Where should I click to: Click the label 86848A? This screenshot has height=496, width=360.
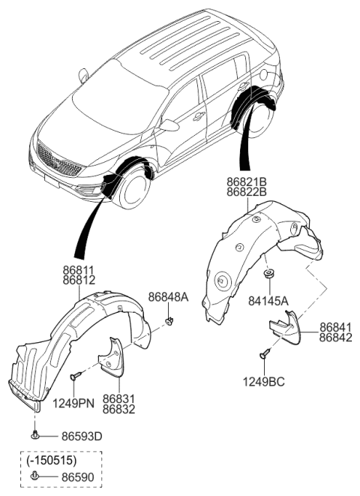tap(168, 297)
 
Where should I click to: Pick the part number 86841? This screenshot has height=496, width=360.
tap(337, 328)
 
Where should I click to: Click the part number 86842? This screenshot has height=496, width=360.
tap(337, 338)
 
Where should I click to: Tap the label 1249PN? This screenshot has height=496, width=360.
tap(72, 403)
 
